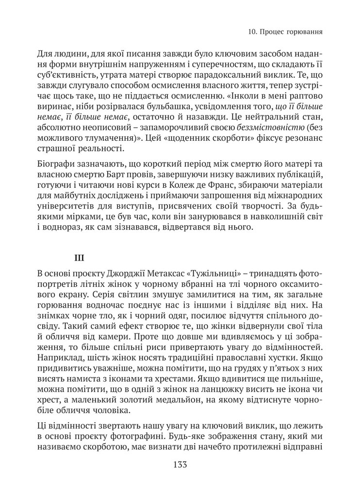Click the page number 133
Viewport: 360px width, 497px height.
point(180,464)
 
